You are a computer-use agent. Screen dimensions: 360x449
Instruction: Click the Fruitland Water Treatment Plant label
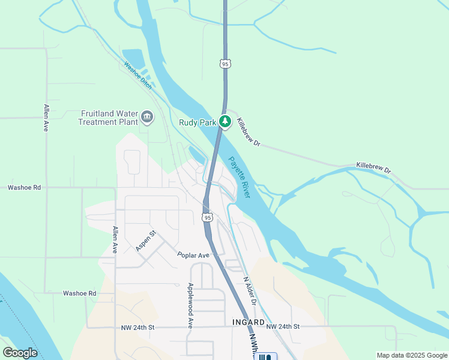107,118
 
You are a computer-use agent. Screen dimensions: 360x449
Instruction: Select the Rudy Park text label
197,122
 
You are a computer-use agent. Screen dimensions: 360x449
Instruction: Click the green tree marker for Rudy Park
225,122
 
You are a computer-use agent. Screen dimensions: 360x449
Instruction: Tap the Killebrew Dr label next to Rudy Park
249,132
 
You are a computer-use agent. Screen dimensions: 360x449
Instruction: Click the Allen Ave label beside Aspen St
114,240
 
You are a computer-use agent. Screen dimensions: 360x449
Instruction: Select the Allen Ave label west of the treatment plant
46,118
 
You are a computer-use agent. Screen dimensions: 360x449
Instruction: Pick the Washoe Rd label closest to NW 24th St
79,293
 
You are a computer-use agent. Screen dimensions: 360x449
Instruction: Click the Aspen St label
146,241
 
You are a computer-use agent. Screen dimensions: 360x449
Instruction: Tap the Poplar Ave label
193,255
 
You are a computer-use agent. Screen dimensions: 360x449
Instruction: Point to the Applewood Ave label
190,305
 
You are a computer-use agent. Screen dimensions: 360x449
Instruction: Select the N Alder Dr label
250,289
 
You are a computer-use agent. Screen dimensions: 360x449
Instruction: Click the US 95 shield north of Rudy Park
225,64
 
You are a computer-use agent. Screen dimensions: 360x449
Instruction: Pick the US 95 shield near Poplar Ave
207,217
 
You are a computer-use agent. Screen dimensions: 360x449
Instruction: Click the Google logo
20,353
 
